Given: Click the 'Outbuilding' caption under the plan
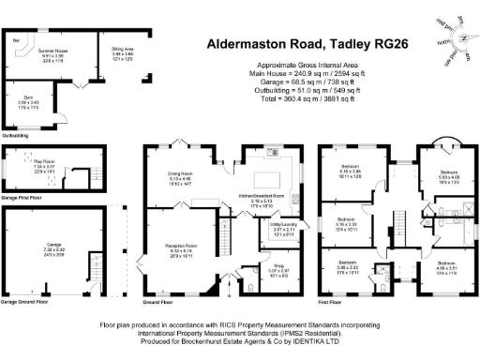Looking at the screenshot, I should click(16, 134).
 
